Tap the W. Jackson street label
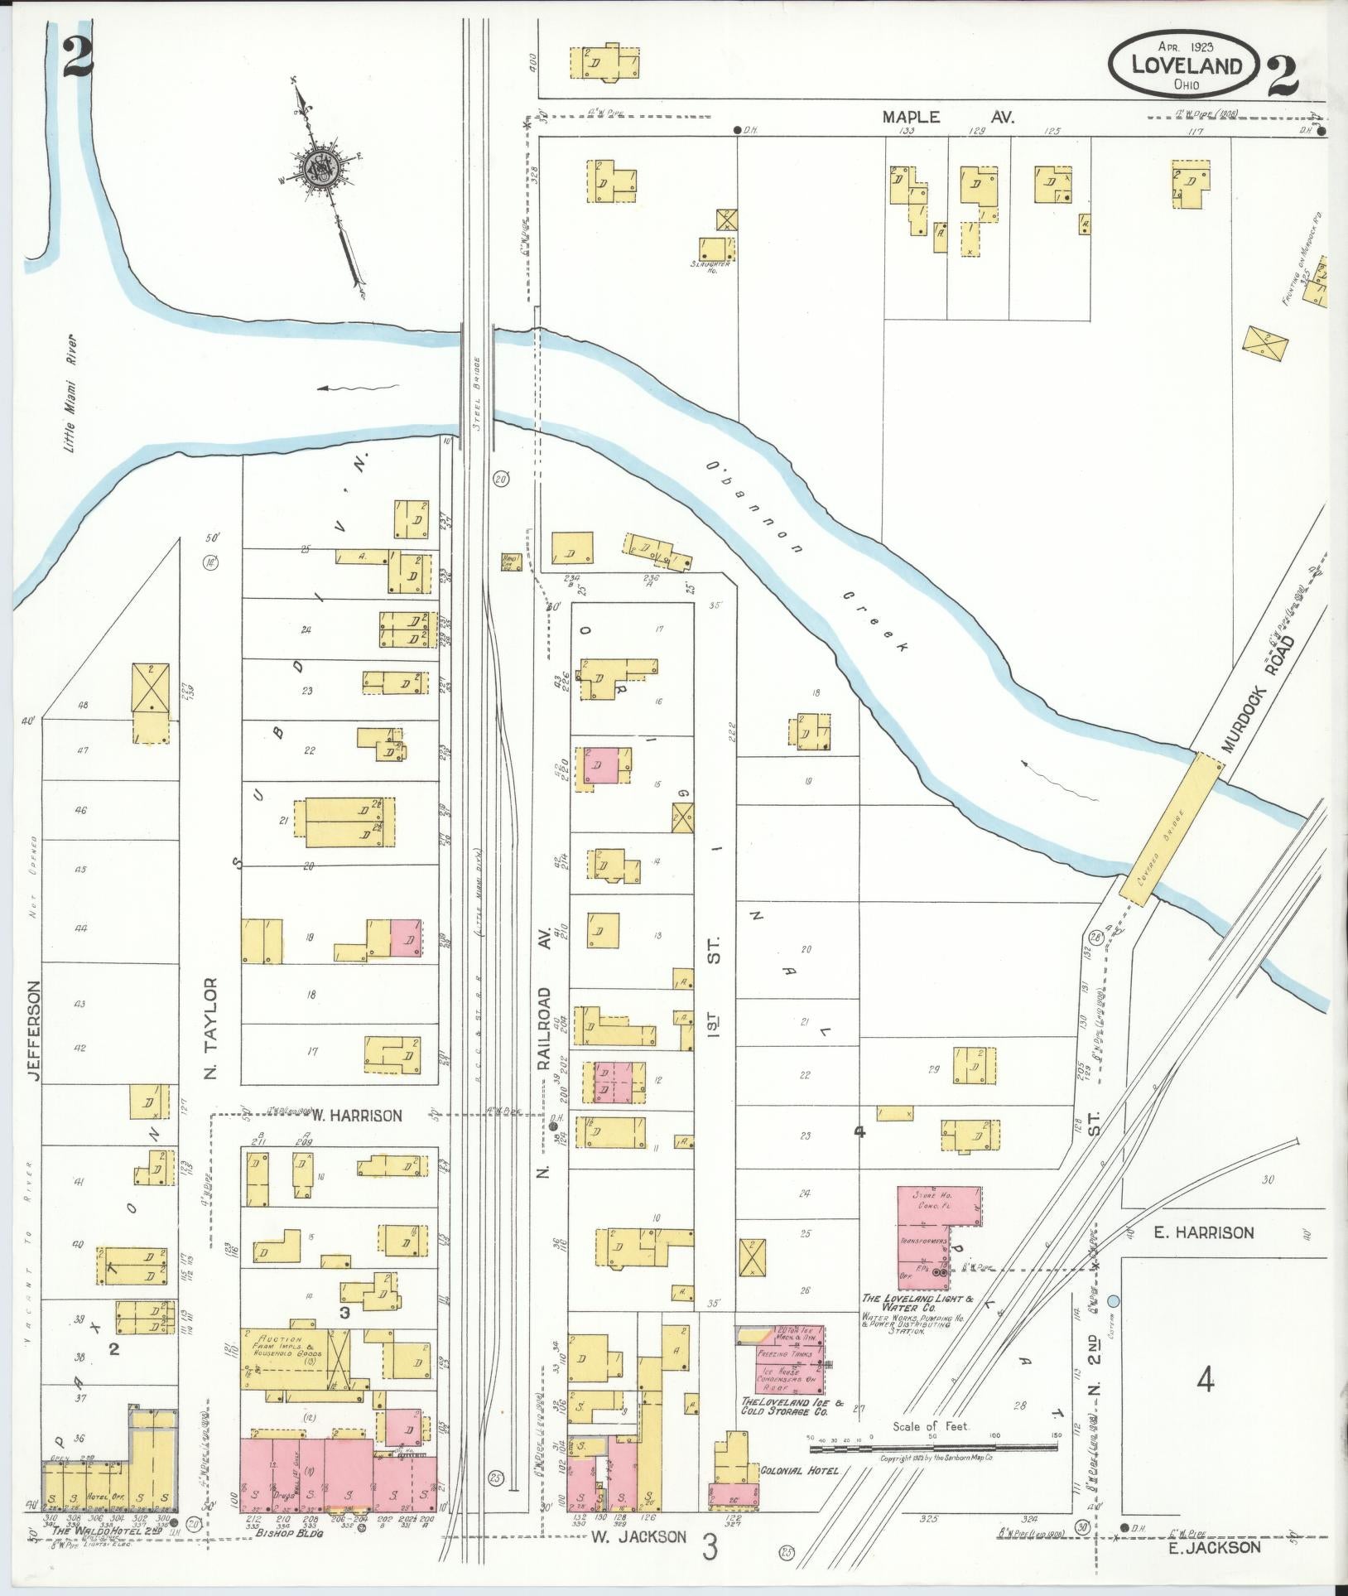(638, 1537)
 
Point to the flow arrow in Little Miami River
(359, 388)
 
